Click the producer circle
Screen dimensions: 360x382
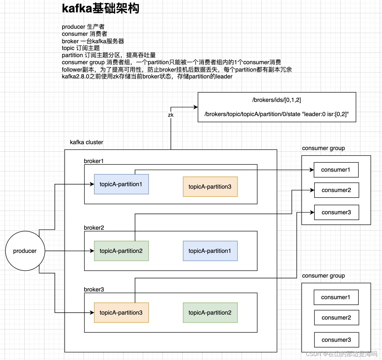(25, 251)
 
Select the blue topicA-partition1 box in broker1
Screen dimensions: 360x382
(121, 184)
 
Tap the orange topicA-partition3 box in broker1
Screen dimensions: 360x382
(210, 187)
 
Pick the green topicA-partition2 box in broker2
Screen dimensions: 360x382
(121, 251)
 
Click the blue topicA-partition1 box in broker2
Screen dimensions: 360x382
(210, 251)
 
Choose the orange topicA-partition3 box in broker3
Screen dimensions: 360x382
(121, 313)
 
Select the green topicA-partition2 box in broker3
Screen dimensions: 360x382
(210, 313)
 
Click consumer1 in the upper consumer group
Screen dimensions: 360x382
(336, 170)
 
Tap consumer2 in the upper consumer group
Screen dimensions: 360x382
(336, 190)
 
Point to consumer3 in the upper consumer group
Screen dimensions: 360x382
(336, 212)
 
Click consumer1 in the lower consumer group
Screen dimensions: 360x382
(336, 297)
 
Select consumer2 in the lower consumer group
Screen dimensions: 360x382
(336, 318)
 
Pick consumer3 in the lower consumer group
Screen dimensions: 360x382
(336, 340)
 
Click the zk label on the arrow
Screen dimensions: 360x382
(171, 115)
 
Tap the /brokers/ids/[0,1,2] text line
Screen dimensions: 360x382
(276, 100)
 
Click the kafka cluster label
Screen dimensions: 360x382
(86, 142)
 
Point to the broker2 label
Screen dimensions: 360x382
(94, 228)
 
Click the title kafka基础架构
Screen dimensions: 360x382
(101, 8)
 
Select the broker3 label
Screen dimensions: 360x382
(94, 290)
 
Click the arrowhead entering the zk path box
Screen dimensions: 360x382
(196, 107)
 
